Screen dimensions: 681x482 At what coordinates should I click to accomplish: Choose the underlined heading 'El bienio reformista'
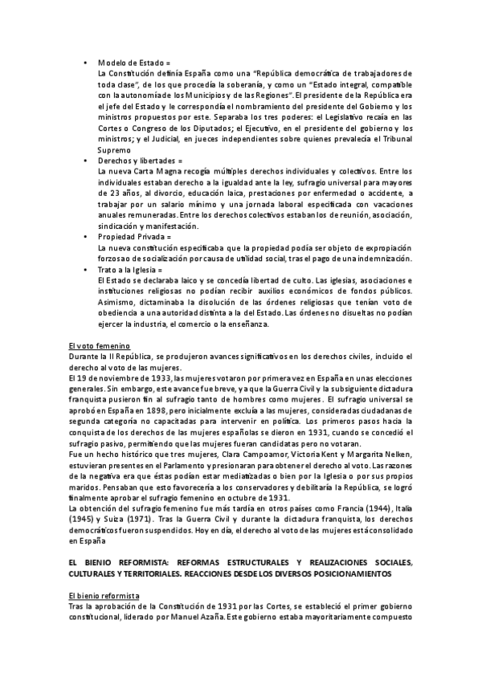pos(104,596)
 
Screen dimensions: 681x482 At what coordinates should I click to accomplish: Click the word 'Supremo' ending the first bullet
pos(113,149)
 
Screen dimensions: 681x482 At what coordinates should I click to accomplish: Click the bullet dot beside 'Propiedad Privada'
pos(86,237)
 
